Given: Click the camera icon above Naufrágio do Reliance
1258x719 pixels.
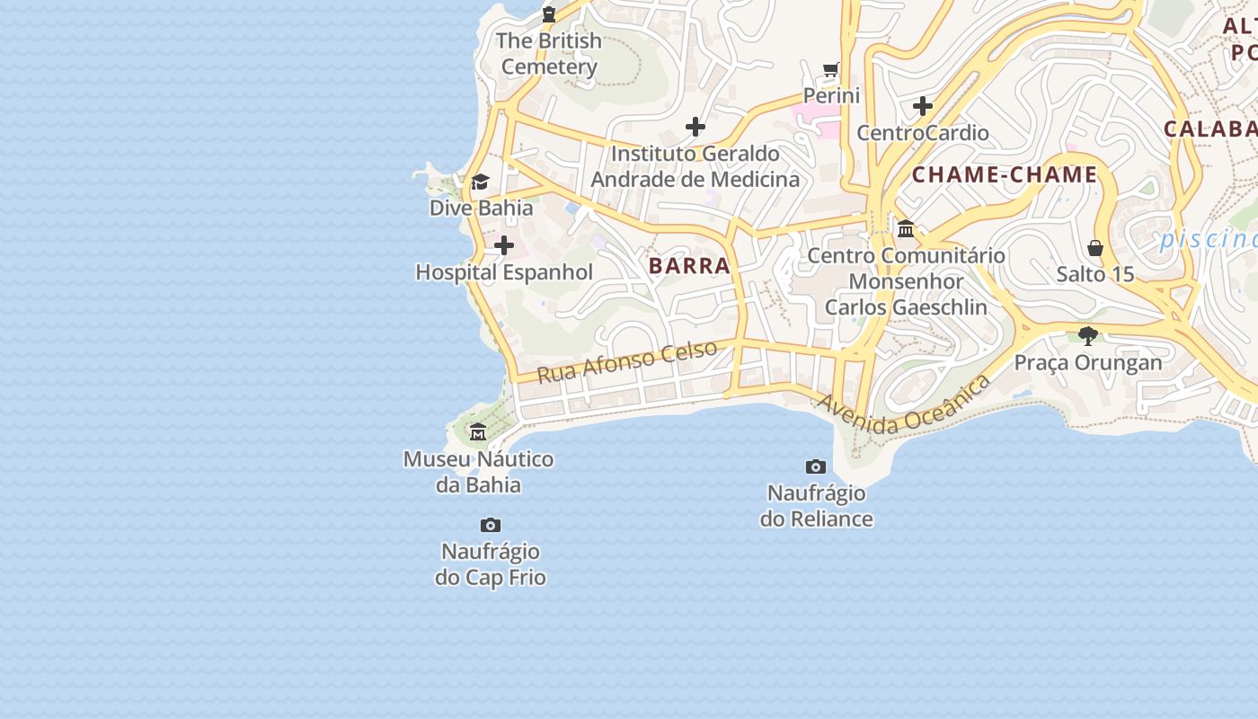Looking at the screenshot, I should (816, 466).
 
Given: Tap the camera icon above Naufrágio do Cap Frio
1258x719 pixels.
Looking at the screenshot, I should (491, 525).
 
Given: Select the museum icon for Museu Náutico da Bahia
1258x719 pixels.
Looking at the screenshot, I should (478, 432).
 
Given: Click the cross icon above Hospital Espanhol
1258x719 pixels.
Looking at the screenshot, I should (504, 244).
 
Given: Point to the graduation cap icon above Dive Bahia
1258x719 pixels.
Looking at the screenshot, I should (481, 182).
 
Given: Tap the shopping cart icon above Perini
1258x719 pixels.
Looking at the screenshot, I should (831, 69).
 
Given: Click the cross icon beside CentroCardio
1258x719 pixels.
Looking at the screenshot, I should (923, 106).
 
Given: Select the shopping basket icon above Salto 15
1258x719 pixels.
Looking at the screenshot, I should (1095, 247).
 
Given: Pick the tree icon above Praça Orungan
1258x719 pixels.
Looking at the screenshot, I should (1088, 336).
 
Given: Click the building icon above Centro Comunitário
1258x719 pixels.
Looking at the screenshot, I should (906, 228).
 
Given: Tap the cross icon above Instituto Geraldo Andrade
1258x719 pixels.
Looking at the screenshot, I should (695, 127).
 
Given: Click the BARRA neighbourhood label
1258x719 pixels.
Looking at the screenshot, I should (689, 266).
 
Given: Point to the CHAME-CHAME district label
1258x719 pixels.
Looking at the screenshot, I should (1005, 175).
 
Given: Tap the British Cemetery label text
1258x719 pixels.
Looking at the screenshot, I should (549, 54).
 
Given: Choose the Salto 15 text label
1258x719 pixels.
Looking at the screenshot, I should (1095, 274).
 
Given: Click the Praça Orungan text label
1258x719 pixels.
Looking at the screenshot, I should (1088, 362).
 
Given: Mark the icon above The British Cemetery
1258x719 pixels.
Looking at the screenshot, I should (549, 13).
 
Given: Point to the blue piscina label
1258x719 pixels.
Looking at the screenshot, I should (1209, 239).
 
